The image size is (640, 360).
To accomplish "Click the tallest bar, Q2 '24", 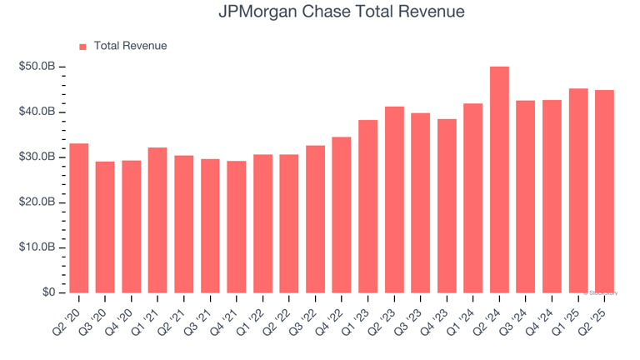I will [x=499, y=179].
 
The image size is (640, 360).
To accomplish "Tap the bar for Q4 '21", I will [x=237, y=227].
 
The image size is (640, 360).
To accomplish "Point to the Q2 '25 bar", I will [x=604, y=192].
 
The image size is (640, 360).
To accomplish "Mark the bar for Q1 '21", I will [x=157, y=220].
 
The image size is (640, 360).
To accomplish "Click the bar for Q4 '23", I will [x=447, y=206].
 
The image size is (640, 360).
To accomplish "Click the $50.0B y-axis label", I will [x=37, y=67].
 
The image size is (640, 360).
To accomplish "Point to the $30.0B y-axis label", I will [x=37, y=157].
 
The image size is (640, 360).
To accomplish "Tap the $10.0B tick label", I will [x=37, y=247].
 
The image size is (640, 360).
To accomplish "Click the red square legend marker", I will [x=82, y=47].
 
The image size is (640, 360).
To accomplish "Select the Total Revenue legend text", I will [x=130, y=46].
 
